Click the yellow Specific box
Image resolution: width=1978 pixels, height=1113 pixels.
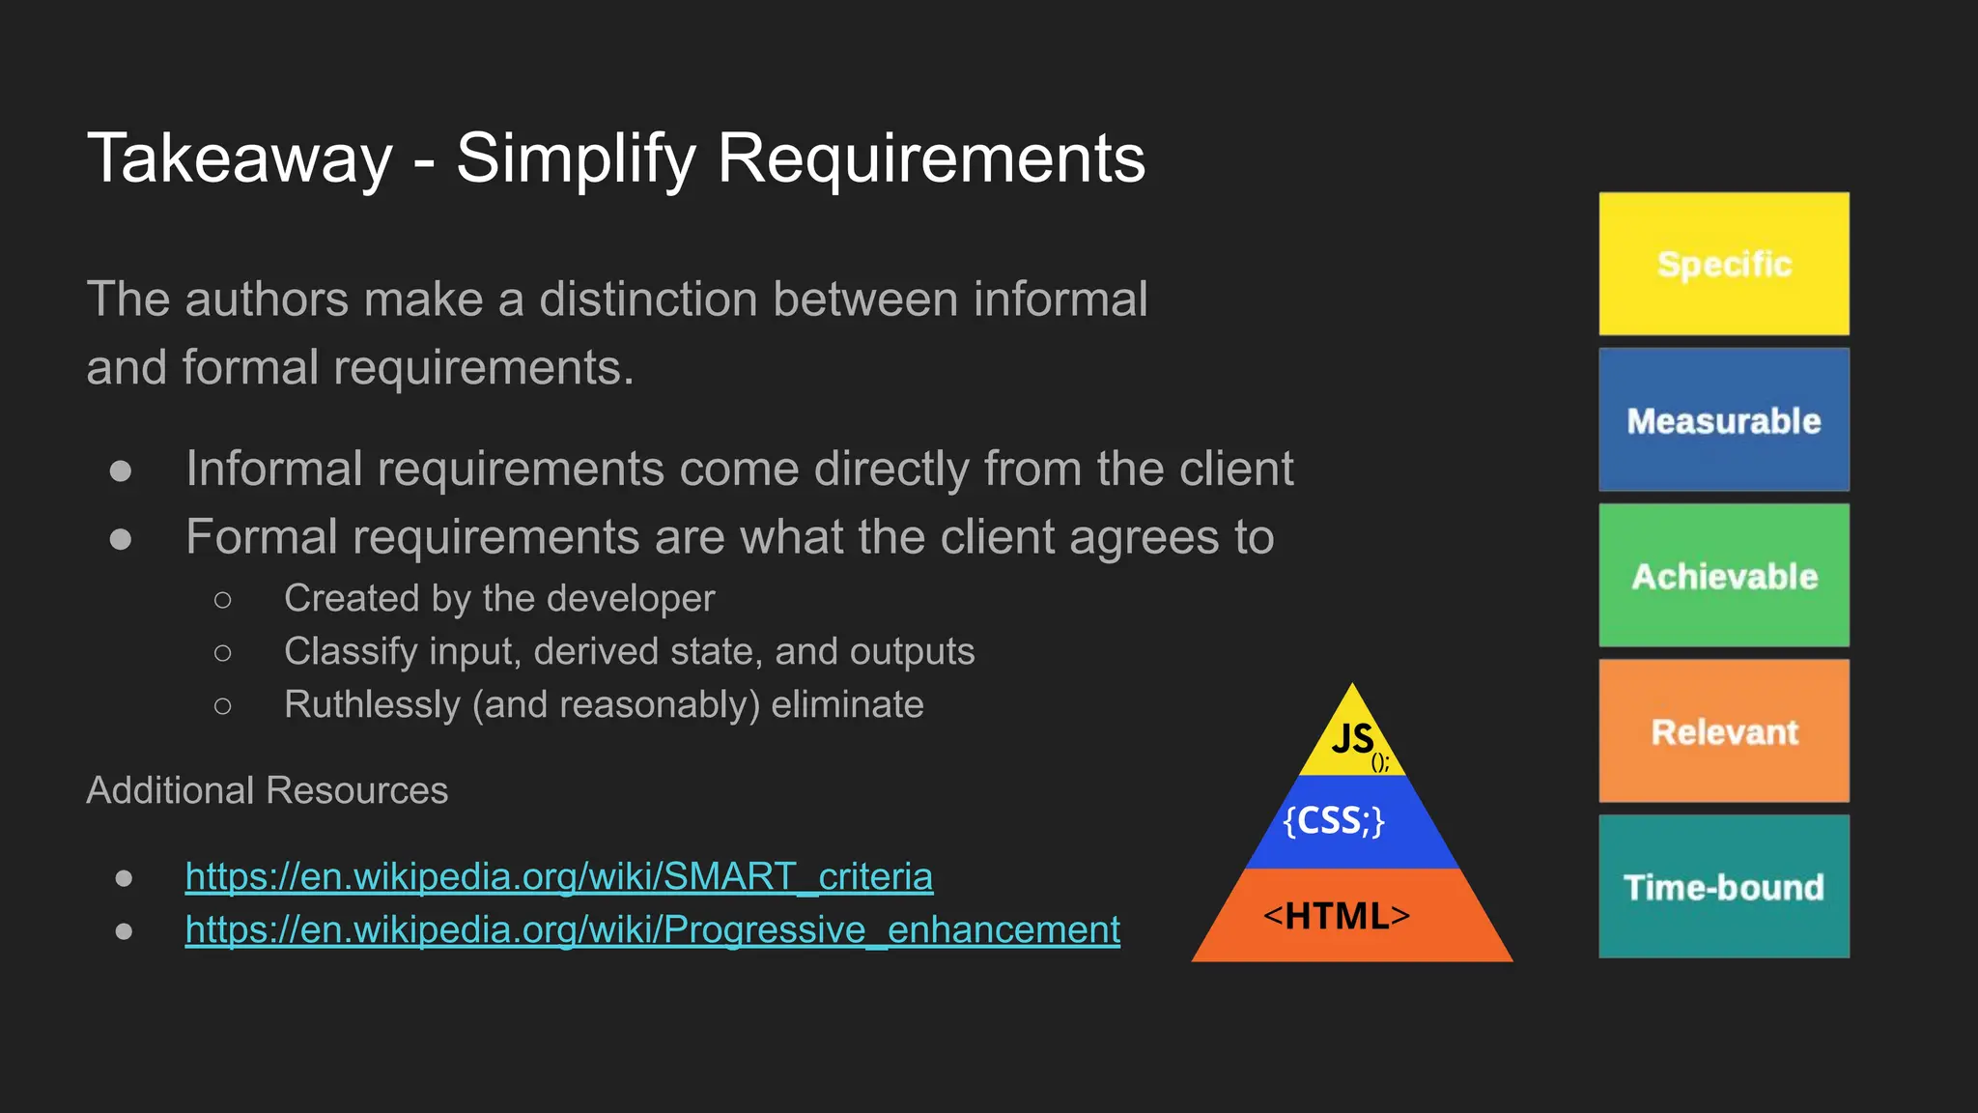1724,264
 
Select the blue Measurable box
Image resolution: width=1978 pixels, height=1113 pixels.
1724,420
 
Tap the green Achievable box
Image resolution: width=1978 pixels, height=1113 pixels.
1724,576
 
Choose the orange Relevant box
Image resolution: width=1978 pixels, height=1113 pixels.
1724,731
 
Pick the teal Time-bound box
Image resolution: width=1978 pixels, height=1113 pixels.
1724,887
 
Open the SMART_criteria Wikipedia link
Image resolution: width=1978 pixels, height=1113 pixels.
558,876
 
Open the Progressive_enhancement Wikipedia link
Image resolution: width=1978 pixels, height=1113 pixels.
652,929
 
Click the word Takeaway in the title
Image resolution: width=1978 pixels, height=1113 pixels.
240,158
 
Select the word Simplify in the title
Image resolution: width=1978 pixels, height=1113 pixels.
576,158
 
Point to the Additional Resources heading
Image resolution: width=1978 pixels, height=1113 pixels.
267,790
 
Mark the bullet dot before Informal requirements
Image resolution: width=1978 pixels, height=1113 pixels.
121,471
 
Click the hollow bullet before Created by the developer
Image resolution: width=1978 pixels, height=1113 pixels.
223,600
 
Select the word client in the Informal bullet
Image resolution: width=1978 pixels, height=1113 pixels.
1235,469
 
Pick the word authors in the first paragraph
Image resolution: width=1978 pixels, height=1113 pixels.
267,299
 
